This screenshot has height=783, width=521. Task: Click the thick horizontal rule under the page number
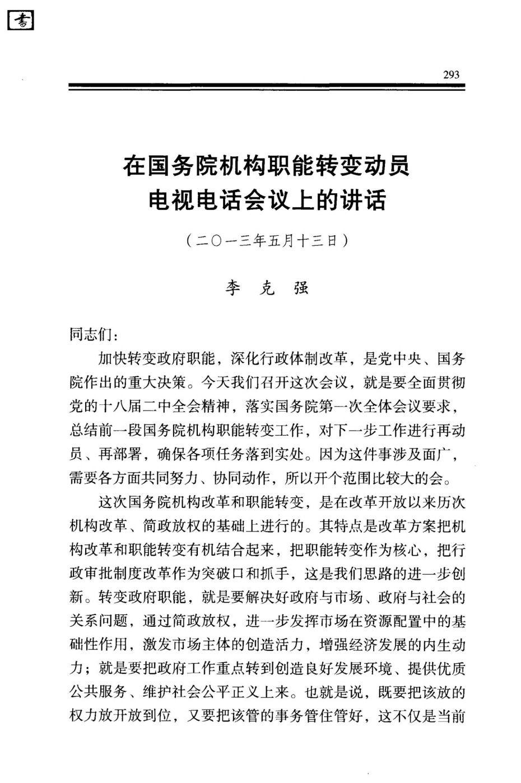267,86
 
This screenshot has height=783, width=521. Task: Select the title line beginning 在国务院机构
267,166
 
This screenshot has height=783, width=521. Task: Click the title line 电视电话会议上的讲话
267,199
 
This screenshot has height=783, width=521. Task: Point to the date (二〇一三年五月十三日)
267,241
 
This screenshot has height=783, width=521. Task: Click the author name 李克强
267,288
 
